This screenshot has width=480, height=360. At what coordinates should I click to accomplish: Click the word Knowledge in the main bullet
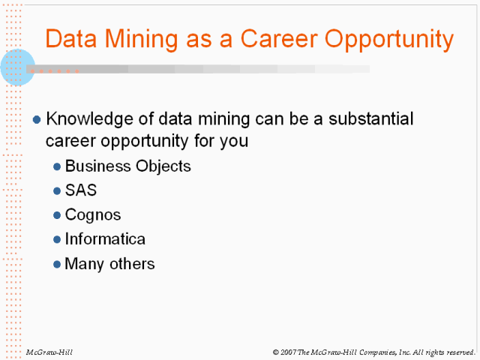click(x=84, y=119)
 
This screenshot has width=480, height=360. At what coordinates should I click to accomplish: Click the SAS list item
click(x=81, y=190)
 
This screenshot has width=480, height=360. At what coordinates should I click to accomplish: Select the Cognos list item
click(x=93, y=214)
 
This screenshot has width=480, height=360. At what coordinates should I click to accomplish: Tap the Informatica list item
click(x=105, y=239)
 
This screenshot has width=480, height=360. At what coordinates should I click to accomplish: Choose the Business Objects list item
click(x=128, y=166)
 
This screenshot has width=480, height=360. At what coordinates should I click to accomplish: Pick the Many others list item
click(x=109, y=263)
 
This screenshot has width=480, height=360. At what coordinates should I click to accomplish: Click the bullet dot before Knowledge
click(x=37, y=119)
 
